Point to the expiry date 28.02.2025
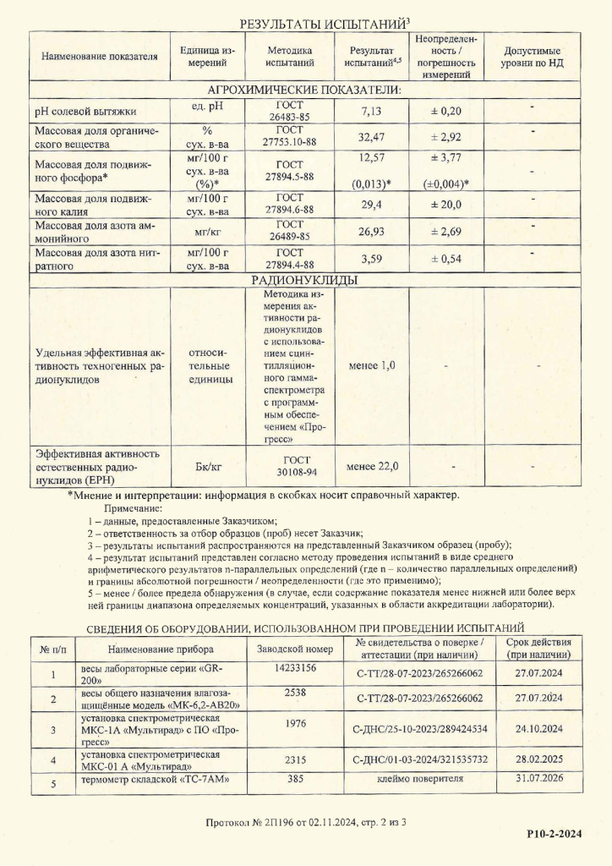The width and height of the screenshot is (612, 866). [538, 759]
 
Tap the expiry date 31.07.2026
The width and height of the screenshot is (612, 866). [538, 779]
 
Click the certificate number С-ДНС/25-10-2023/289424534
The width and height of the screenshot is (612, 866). [419, 728]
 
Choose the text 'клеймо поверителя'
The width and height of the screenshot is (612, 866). [419, 779]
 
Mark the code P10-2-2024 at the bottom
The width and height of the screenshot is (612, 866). [555, 835]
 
